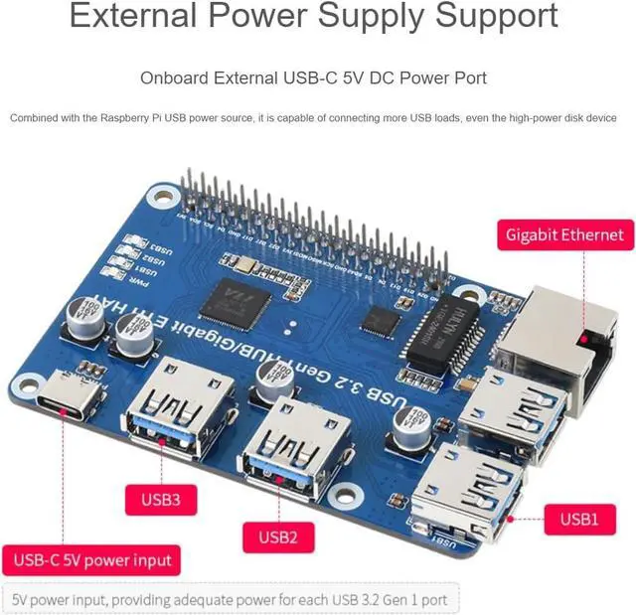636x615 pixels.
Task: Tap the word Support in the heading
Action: (x=486, y=17)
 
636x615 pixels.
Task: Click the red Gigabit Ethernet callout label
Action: (x=564, y=234)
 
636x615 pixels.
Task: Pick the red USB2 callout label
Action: (x=278, y=538)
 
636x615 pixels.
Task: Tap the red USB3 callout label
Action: (x=162, y=499)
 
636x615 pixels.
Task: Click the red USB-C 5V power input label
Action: (x=92, y=559)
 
